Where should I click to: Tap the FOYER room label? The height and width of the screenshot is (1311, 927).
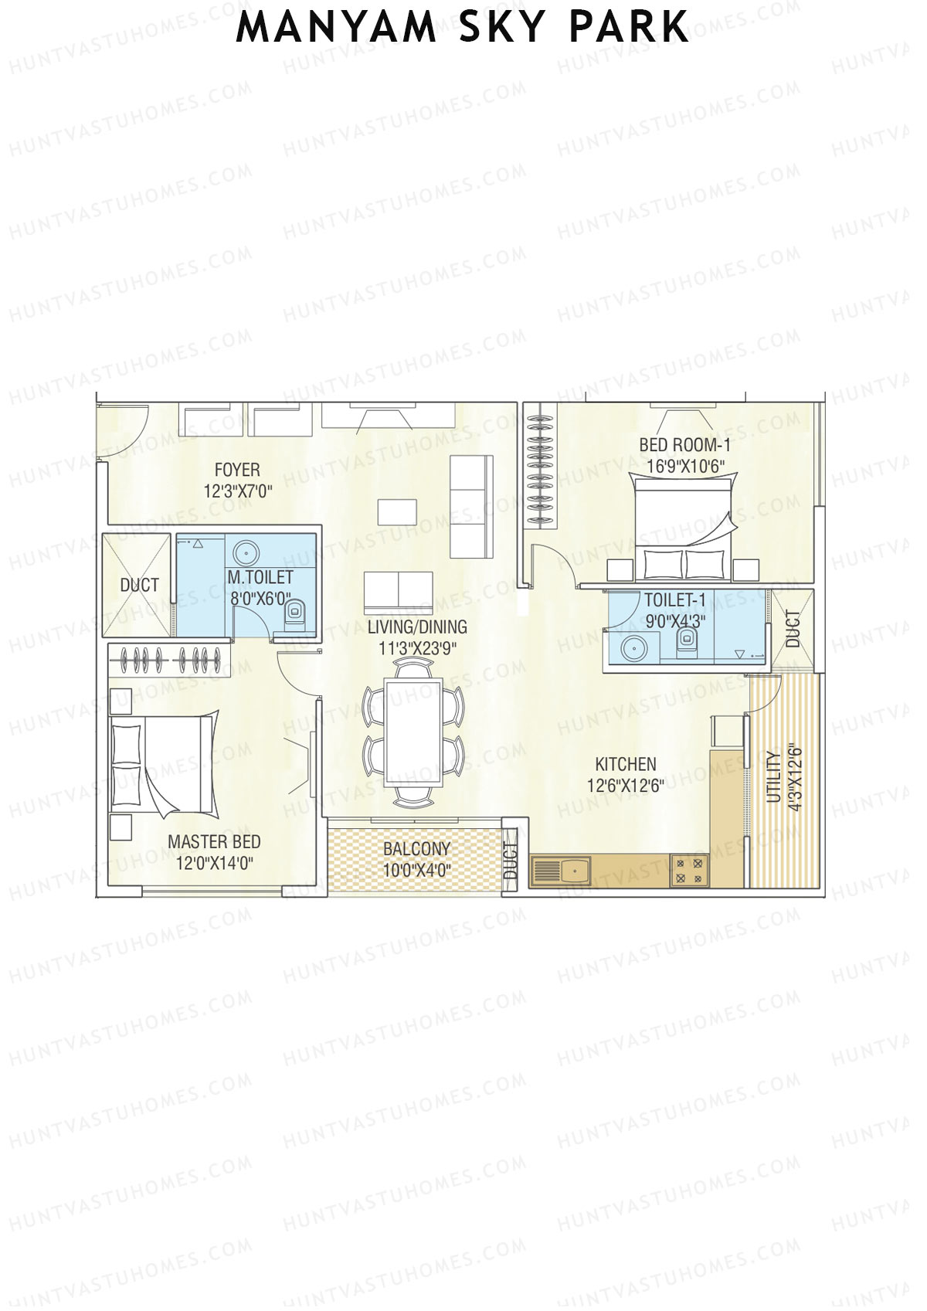237,470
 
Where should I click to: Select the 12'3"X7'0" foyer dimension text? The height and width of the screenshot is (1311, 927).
237,491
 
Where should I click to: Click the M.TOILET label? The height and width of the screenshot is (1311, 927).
260,577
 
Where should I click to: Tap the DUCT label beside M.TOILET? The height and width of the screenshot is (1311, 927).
139,585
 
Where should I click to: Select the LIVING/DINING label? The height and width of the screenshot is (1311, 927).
417,627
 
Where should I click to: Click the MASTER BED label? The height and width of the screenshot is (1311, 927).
214,842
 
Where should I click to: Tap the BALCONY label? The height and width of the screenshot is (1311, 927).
416,849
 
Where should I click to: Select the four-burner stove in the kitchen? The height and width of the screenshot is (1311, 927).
689,871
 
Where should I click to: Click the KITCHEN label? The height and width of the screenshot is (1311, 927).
626,764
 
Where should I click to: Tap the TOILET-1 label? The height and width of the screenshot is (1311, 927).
674,599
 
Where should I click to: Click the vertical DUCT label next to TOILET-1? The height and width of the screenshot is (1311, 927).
793,629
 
